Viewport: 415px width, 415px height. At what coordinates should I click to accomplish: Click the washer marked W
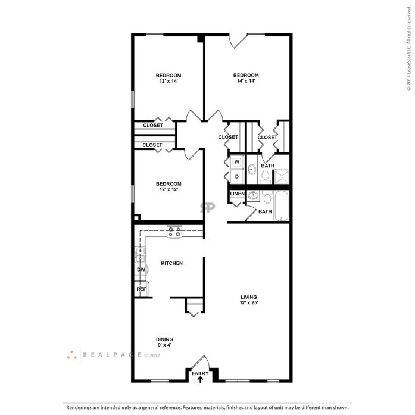pyautogui.click(x=236, y=161)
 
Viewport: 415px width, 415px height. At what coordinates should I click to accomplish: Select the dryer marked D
pyautogui.click(x=236, y=177)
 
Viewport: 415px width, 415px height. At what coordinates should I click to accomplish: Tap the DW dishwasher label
pyautogui.click(x=141, y=270)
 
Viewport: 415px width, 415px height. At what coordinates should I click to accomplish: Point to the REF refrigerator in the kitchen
pyautogui.click(x=141, y=289)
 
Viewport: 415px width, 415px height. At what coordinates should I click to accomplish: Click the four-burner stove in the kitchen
pyautogui.click(x=174, y=232)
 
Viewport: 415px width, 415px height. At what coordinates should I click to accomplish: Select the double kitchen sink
pyautogui.click(x=140, y=255)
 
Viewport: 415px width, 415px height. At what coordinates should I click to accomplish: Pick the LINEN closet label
pyautogui.click(x=236, y=194)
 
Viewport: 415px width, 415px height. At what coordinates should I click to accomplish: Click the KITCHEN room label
pyautogui.click(x=171, y=263)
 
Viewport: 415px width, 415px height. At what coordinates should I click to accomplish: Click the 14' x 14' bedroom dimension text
pyautogui.click(x=245, y=81)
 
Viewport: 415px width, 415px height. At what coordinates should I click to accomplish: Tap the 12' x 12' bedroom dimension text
pyautogui.click(x=169, y=189)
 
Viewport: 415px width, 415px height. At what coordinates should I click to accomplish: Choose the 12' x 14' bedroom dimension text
pyautogui.click(x=169, y=81)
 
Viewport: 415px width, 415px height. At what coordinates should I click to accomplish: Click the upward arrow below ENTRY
pyautogui.click(x=200, y=378)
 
